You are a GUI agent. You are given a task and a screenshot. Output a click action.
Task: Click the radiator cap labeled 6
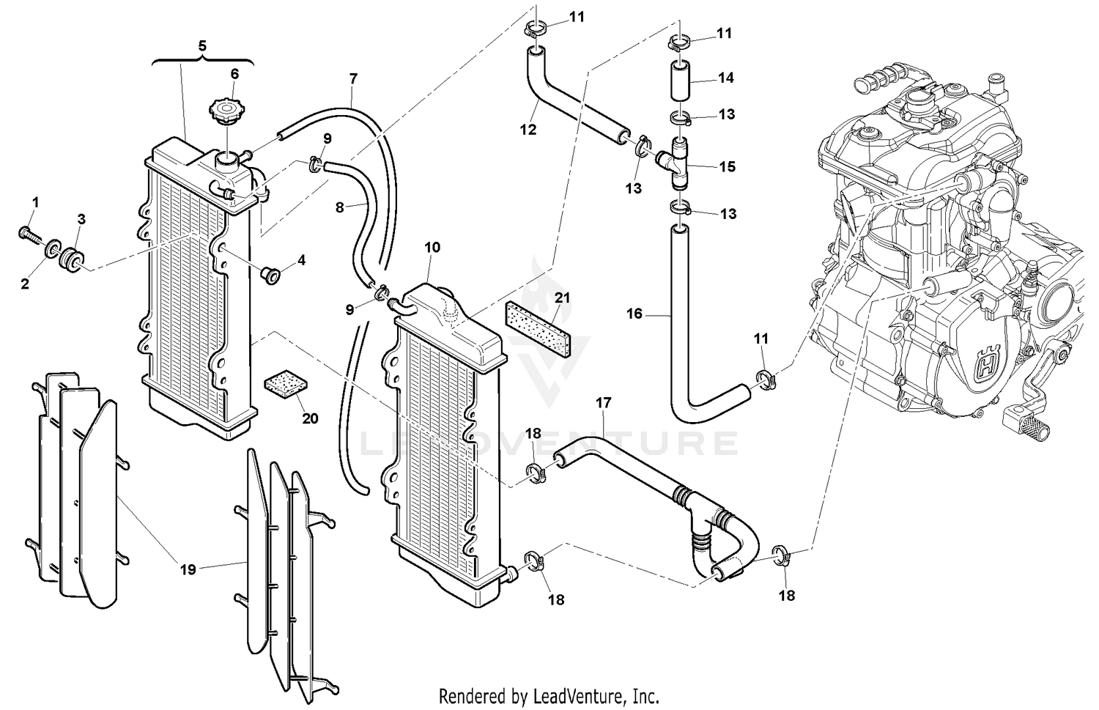[x=225, y=114]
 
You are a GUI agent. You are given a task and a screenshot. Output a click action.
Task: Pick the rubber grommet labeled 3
[x=73, y=259]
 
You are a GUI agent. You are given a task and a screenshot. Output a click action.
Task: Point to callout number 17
[x=603, y=403]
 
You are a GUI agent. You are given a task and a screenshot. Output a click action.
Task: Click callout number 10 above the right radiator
[x=432, y=247]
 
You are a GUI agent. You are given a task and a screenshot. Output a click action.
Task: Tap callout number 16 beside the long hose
[x=634, y=314]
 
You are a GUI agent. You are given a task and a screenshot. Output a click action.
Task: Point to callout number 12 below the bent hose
[x=528, y=130]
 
